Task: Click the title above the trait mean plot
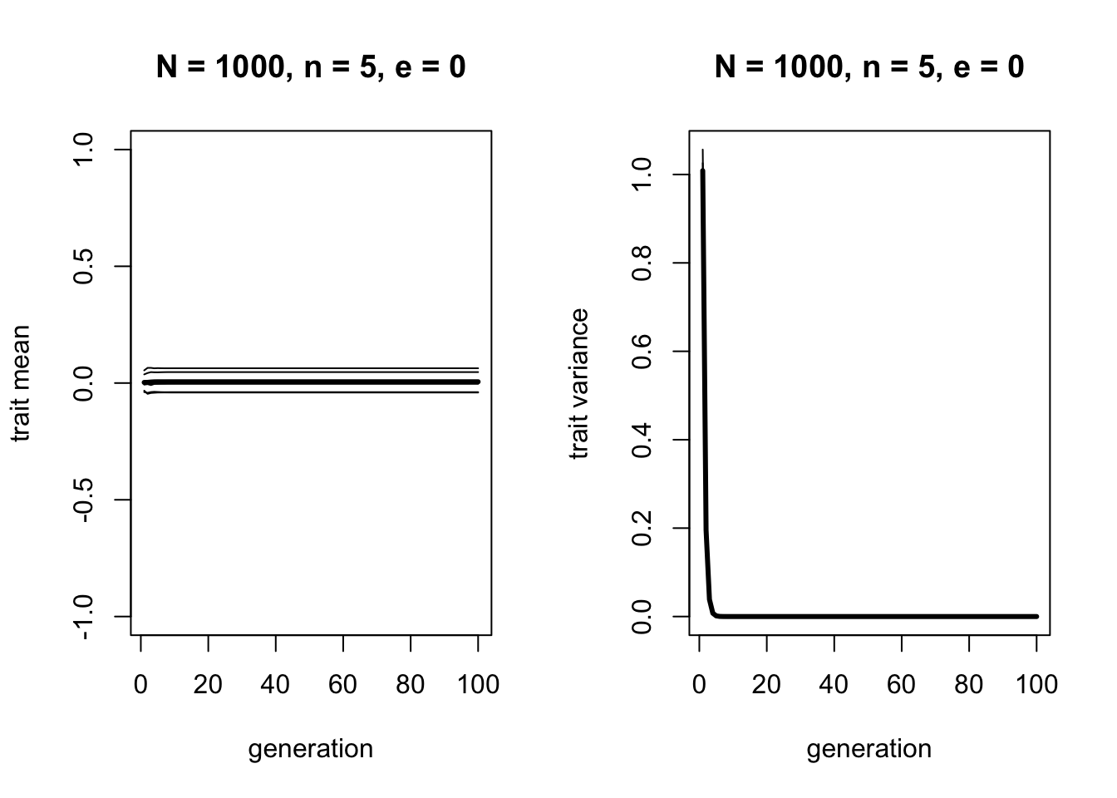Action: (311, 66)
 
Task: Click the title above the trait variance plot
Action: (869, 66)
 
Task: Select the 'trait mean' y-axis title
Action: (22, 383)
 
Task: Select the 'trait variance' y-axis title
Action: (579, 383)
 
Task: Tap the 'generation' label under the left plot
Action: (311, 749)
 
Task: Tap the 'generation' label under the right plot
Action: (869, 749)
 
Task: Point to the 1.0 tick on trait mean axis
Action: (84, 150)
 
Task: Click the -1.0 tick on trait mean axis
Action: (84, 616)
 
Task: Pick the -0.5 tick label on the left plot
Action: (84, 500)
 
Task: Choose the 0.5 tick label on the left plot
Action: (84, 266)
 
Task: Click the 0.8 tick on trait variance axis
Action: (642, 263)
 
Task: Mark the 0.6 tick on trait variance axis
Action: (642, 352)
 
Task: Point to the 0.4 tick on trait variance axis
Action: (642, 440)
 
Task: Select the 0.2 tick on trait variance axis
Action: (642, 528)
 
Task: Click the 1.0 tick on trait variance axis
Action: (642, 175)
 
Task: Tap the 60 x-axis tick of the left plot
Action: (343, 684)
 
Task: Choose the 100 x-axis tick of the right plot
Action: (1036, 684)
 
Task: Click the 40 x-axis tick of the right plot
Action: (834, 684)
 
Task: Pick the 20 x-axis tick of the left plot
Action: (209, 684)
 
